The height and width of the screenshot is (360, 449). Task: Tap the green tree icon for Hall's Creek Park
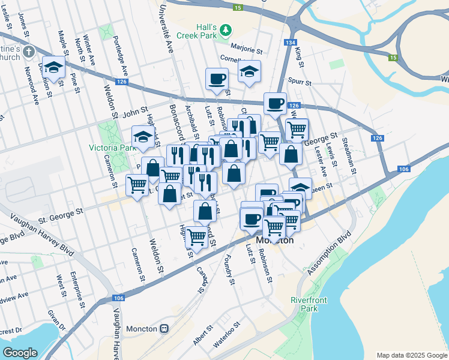tap(226, 29)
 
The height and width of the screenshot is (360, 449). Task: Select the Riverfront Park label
tap(303, 304)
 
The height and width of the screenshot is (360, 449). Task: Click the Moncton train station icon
tap(164, 329)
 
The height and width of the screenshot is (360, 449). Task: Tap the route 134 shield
tap(291, 43)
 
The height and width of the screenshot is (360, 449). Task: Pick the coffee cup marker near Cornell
tap(217, 78)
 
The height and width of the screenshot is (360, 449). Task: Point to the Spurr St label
tap(300, 82)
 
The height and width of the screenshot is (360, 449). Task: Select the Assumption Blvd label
tap(328, 246)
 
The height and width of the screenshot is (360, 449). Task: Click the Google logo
tap(20, 353)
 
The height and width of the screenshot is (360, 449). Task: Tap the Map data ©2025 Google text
tap(411, 355)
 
